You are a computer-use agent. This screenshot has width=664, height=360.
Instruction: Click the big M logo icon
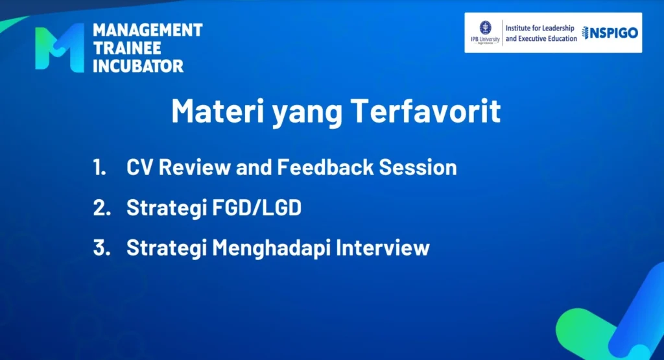pyautogui.click(x=59, y=47)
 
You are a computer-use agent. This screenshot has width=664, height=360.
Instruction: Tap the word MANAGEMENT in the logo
pyautogui.click(x=148, y=30)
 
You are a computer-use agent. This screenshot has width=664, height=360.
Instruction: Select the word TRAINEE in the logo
pyautogui.click(x=127, y=48)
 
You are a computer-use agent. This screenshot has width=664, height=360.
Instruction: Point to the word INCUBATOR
pyautogui.click(x=138, y=66)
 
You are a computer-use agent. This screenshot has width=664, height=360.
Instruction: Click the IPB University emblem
pyautogui.click(x=485, y=28)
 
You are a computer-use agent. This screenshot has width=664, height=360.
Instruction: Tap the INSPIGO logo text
pyautogui.click(x=610, y=32)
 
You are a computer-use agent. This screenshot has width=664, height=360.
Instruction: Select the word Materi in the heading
pyautogui.click(x=218, y=111)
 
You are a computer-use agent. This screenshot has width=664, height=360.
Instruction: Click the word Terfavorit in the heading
pyautogui.click(x=425, y=111)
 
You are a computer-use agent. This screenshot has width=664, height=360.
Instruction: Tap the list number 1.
pyautogui.click(x=99, y=167)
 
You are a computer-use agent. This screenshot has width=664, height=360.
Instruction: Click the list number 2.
pyautogui.click(x=102, y=208)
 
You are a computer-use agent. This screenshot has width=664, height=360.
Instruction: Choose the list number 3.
pyautogui.click(x=102, y=248)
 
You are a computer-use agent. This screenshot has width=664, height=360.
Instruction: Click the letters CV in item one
pyautogui.click(x=140, y=167)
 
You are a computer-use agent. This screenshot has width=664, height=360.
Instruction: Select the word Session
pyautogui.click(x=418, y=167)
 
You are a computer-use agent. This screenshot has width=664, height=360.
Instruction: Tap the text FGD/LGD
pyautogui.click(x=257, y=208)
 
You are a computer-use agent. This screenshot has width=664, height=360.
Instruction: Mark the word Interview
pyautogui.click(x=383, y=248)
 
